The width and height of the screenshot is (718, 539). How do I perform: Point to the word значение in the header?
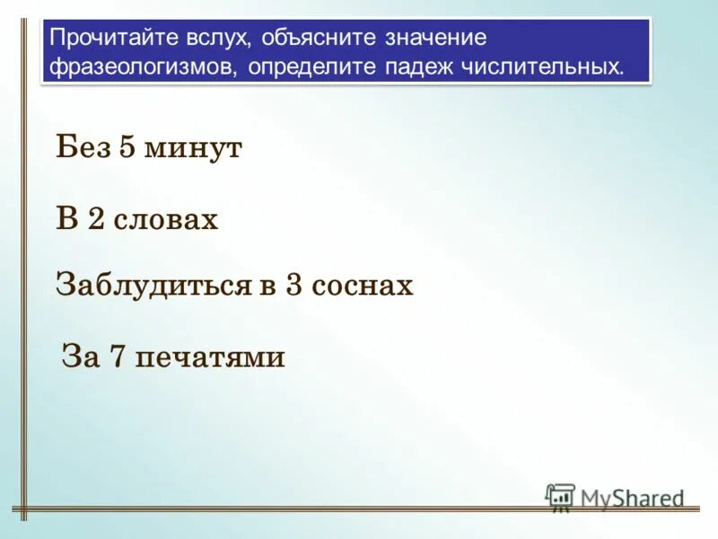(436, 39)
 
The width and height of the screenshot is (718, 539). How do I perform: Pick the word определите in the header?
(311, 67)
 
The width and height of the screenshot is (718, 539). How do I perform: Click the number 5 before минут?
(127, 148)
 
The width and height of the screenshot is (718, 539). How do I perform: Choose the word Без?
(83, 148)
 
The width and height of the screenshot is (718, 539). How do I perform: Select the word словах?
(166, 220)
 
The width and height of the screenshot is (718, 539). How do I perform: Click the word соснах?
(364, 287)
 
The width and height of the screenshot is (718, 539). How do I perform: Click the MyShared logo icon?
(560, 498)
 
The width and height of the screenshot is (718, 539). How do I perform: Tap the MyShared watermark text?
(632, 499)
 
